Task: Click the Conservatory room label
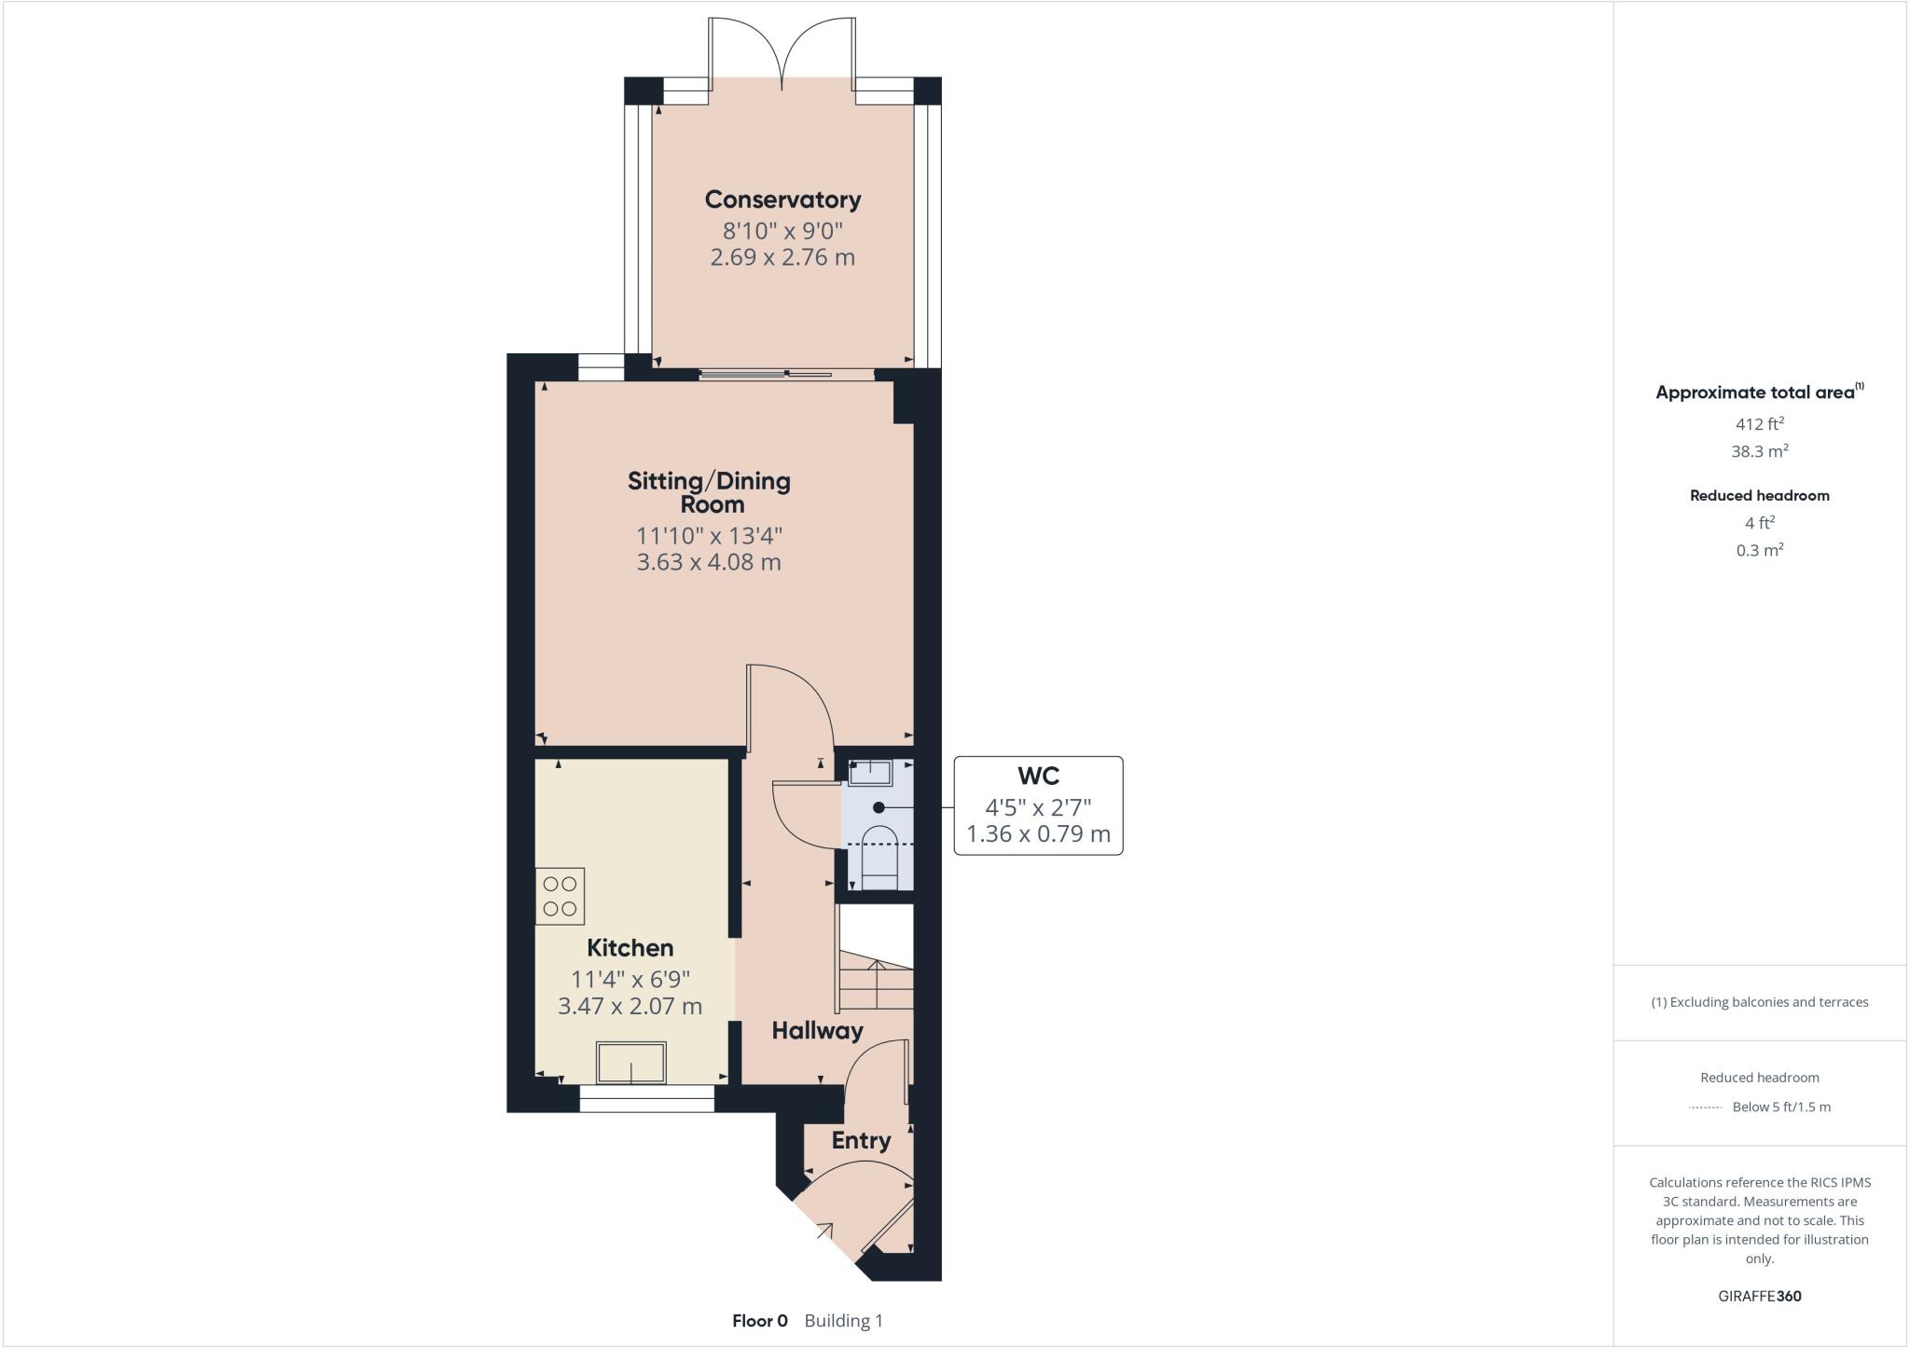[782, 199]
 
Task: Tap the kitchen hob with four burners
[560, 896]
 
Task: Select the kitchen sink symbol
[631, 1063]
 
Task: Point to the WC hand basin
[870, 773]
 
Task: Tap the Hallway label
[817, 1030]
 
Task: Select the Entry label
[861, 1140]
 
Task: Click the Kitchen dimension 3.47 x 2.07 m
[630, 1006]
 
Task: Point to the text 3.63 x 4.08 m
[709, 562]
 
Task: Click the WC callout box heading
[1038, 777]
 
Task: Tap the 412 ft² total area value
[1759, 424]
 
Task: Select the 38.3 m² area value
[1759, 451]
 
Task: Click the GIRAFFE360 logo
[1759, 1296]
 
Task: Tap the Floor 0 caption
[760, 1321]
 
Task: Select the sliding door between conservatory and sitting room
[765, 375]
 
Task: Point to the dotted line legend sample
[1705, 1107]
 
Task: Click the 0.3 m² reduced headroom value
[1759, 550]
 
